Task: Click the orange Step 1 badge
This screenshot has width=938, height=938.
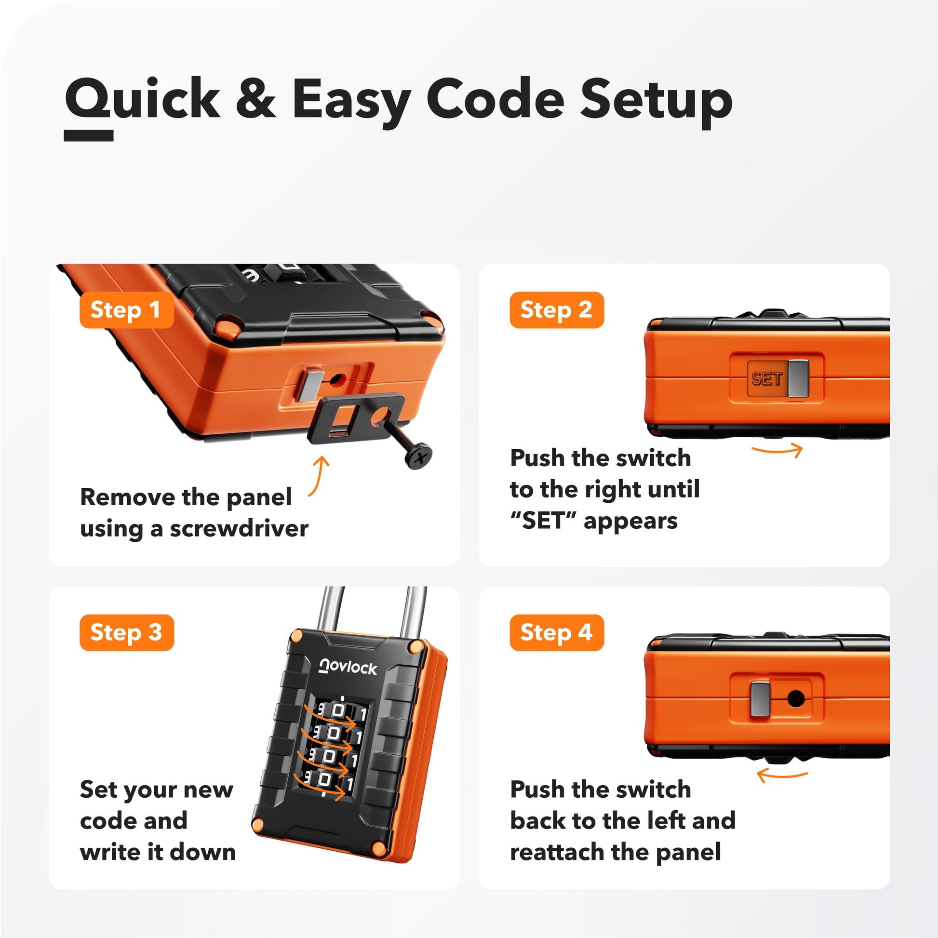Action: click(127, 310)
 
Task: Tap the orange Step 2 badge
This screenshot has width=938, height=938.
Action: click(557, 310)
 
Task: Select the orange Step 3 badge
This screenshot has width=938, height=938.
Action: click(127, 632)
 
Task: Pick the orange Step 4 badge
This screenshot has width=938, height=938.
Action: click(557, 632)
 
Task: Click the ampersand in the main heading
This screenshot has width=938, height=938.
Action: click(256, 98)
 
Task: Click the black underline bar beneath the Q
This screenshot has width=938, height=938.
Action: click(89, 135)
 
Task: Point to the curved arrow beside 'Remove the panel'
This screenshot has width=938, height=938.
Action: click(321, 476)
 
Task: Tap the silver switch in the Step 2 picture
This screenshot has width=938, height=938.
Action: click(798, 378)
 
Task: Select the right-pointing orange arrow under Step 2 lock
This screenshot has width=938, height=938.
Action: click(777, 450)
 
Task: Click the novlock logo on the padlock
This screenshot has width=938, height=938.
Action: click(348, 667)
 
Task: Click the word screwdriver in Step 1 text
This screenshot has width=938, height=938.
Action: click(239, 528)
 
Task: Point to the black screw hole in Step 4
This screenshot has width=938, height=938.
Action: click(796, 699)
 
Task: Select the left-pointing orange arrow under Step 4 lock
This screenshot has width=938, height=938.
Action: click(782, 776)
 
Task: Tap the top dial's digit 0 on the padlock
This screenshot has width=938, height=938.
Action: click(338, 711)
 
